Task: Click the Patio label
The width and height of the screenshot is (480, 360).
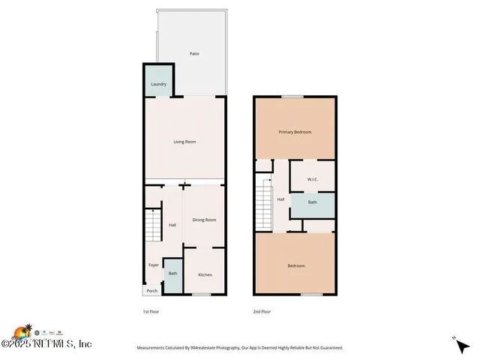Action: [x=194, y=54]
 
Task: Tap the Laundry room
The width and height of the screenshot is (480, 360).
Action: [x=158, y=84]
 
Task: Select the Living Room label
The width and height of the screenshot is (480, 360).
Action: [x=184, y=141]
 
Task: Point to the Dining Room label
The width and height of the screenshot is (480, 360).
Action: [x=204, y=220]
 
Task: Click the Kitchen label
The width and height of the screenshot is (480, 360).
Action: [x=205, y=274]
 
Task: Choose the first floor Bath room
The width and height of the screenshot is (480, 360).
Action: [x=172, y=274]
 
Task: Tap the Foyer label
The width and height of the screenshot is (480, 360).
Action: [x=153, y=265]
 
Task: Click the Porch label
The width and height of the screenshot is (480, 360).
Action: [x=151, y=291]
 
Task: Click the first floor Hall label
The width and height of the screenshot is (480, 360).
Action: [x=172, y=225]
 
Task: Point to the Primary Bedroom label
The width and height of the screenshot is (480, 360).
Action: [x=295, y=132]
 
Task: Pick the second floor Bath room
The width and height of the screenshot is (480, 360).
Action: [x=311, y=202]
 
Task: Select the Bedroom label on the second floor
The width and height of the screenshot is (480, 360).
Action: [x=296, y=265]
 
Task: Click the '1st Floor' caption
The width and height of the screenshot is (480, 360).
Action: [x=151, y=311]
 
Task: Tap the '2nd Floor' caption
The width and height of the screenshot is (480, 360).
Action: [x=261, y=311]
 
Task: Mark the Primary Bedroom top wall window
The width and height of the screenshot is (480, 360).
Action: [x=293, y=97]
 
